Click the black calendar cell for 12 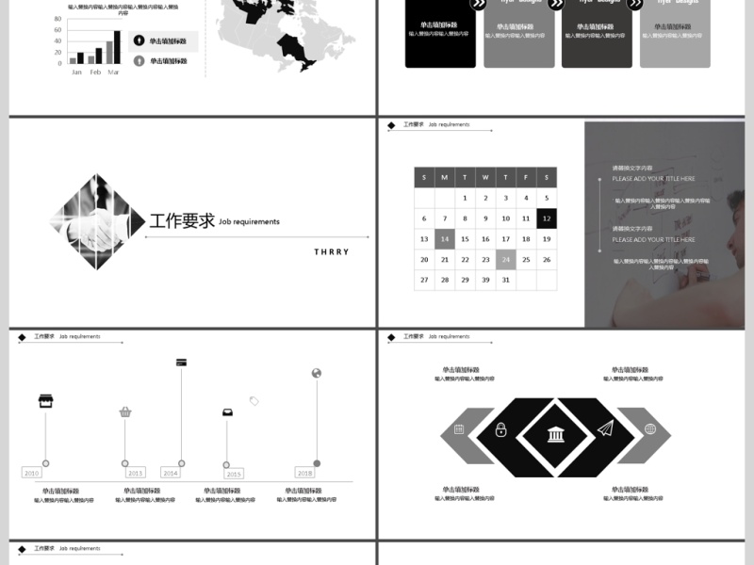point(547,218)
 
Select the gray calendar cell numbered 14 point(445,239)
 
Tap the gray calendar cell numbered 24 point(506,260)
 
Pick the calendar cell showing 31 point(506,280)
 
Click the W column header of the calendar point(485,177)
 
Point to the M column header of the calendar point(445,177)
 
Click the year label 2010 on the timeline point(31,473)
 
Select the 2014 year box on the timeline point(170,473)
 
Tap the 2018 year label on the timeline point(304,473)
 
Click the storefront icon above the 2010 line point(45,401)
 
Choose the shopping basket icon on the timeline point(125,412)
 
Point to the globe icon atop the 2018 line point(317,373)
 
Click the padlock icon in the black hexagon point(500,430)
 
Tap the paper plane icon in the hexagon point(604,429)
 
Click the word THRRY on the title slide point(332,252)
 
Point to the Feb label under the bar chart point(95,73)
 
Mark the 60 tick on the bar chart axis point(59,31)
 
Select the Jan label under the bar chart point(76,73)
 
